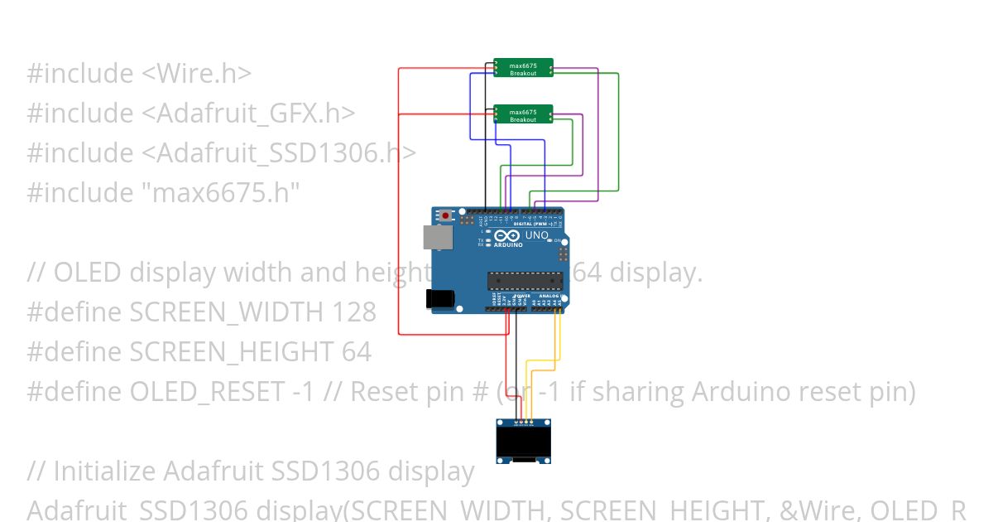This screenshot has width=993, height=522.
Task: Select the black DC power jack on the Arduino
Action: point(440,300)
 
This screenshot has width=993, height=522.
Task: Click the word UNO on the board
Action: point(537,236)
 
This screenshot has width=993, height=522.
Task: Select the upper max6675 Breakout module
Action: point(523,68)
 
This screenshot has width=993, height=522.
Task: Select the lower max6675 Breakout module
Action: point(523,114)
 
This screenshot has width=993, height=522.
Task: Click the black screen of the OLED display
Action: point(523,443)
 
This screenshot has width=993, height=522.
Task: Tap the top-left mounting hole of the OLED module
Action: point(499,423)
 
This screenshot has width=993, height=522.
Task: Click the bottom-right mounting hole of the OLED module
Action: point(548,460)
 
